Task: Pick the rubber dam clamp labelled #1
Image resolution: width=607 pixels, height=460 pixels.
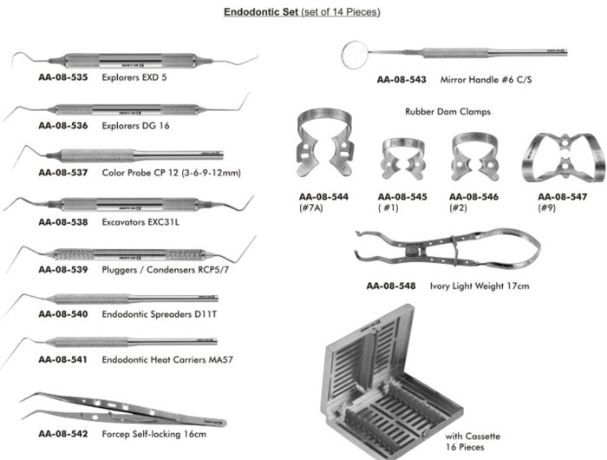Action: (402, 158)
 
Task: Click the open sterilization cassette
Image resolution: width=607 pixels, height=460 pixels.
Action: (391, 385)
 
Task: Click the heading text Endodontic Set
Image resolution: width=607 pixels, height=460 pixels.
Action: (259, 12)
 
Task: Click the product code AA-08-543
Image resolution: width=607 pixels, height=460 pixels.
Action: (401, 80)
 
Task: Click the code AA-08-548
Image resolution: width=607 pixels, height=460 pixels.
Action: (390, 285)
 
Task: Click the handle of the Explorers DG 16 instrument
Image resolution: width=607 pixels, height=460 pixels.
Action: (130, 109)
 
